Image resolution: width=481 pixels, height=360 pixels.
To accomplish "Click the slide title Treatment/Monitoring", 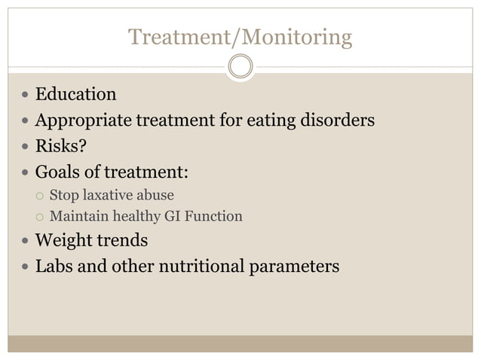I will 240,36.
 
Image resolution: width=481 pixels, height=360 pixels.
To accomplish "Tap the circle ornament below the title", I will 240,66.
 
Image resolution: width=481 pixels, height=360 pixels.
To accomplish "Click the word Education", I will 76,95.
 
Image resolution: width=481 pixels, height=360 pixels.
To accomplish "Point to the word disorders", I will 337,120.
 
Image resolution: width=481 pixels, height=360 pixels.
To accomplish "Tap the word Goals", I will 59,172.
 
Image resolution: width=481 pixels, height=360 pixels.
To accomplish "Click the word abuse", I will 155,196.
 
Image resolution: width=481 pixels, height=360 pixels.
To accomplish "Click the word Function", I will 215,217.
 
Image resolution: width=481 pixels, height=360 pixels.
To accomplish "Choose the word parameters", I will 296,267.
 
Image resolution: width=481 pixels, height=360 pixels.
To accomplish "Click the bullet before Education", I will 26,96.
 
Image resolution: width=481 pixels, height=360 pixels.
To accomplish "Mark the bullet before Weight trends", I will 26,242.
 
